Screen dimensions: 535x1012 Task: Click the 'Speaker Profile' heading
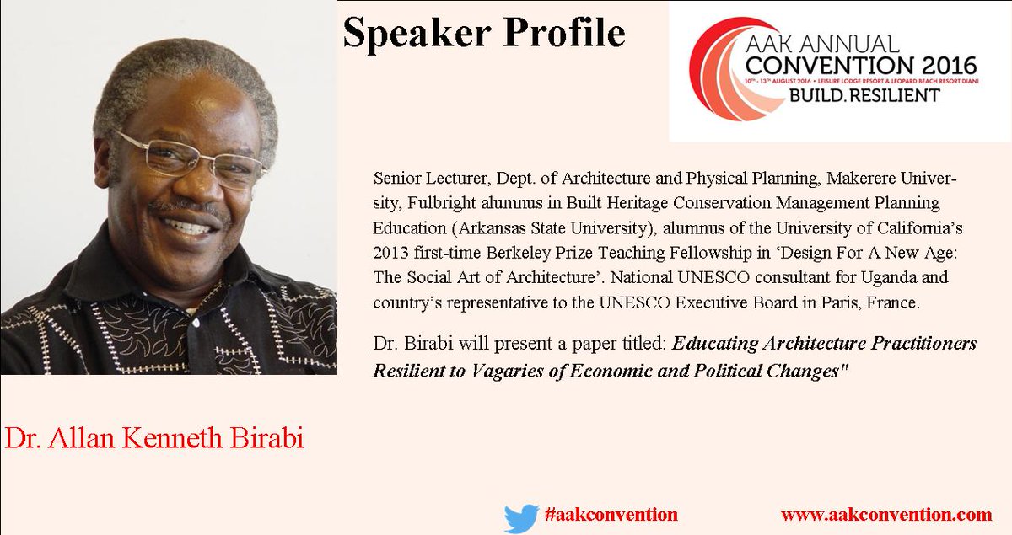(x=483, y=34)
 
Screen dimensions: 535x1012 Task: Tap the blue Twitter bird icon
(x=520, y=517)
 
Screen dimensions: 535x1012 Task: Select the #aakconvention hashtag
(x=611, y=514)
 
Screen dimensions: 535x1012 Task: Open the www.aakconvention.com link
(x=885, y=514)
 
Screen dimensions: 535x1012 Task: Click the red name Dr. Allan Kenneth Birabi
(x=153, y=438)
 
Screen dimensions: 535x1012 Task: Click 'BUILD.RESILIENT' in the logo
(x=864, y=95)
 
